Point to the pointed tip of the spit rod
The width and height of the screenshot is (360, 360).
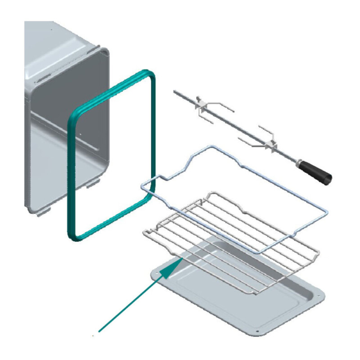pos(175,91)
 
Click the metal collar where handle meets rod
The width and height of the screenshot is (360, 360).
pos(298,161)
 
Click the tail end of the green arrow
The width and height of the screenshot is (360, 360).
pos(100,331)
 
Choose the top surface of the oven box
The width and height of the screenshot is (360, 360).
pos(58,40)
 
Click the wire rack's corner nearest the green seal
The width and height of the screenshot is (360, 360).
pos(146,231)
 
